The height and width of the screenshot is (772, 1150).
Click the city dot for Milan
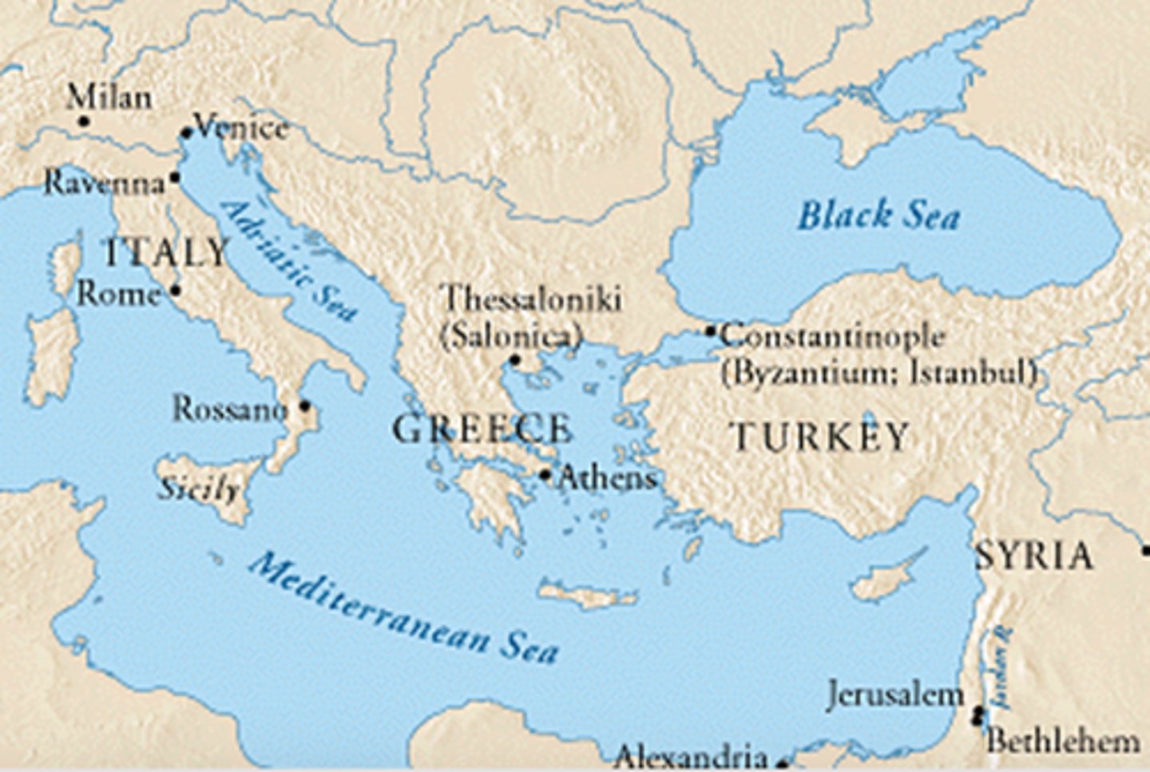tap(83, 121)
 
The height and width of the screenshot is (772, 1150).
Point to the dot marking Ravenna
tap(175, 177)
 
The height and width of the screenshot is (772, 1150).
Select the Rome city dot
tap(176, 291)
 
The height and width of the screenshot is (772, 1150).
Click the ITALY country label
tap(166, 254)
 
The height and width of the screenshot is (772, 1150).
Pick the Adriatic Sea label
tap(287, 260)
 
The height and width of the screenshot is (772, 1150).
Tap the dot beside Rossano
tap(304, 406)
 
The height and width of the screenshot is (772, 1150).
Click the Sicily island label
tap(198, 488)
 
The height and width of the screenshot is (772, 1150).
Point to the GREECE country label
tap(482, 430)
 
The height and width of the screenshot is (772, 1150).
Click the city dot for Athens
tap(545, 475)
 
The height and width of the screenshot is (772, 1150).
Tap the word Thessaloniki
tap(532, 299)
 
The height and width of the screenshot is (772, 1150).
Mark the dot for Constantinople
tap(711, 331)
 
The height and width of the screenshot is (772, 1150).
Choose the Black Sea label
tap(878, 216)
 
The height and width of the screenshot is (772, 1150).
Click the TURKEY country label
tap(820, 437)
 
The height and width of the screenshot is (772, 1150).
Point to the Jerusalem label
tap(895, 695)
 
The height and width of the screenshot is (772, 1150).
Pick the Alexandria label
tap(690, 755)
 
